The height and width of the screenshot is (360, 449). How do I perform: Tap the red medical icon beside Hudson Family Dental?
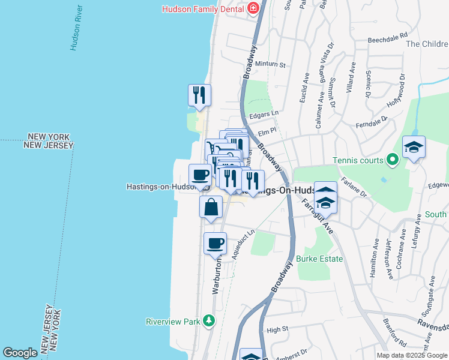(x=253, y=8)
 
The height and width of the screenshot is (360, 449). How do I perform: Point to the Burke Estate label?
(x=319, y=259)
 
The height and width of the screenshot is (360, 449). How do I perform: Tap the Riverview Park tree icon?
(x=208, y=320)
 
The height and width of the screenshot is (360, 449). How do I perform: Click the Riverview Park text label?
(x=173, y=322)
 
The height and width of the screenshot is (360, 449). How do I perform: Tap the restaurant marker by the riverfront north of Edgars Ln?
(x=199, y=94)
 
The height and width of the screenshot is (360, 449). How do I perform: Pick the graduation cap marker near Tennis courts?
(x=414, y=147)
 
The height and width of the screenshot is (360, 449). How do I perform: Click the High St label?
(x=278, y=329)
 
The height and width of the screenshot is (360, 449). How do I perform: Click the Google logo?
(x=20, y=353)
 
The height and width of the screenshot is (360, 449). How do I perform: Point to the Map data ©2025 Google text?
(x=412, y=355)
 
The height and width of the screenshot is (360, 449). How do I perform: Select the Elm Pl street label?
(x=266, y=133)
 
